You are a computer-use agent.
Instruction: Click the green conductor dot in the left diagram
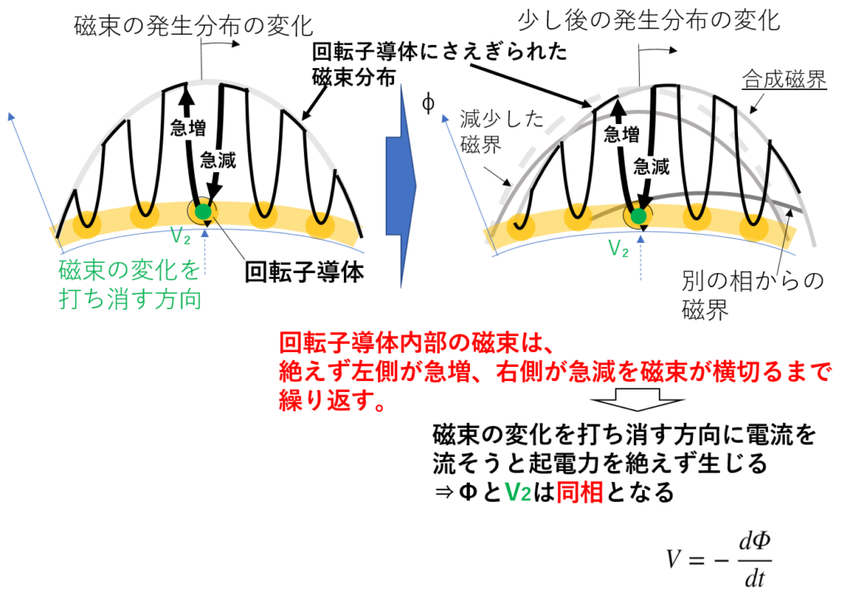(x=203, y=211)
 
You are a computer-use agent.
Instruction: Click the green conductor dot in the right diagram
(x=639, y=216)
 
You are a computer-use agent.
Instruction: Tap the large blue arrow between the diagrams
(x=401, y=186)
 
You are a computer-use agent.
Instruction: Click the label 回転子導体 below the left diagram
(x=304, y=271)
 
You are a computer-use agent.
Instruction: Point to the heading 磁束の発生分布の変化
(x=193, y=26)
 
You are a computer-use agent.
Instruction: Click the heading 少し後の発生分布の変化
(x=649, y=21)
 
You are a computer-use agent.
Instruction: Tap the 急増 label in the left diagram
(x=188, y=127)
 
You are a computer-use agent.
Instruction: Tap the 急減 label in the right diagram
(x=651, y=166)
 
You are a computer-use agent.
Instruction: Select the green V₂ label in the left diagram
(x=181, y=236)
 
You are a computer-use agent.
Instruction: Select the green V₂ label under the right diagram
(x=619, y=248)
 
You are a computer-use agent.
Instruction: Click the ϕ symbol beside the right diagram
(x=428, y=102)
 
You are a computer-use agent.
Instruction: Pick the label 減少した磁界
(x=501, y=131)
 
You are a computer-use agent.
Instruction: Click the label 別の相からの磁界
(x=753, y=295)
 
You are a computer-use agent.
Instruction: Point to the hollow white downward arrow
(x=637, y=399)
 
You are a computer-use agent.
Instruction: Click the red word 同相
(x=580, y=493)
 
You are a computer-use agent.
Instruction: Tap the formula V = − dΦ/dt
(x=719, y=560)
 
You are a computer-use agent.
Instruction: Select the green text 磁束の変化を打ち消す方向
(x=129, y=285)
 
